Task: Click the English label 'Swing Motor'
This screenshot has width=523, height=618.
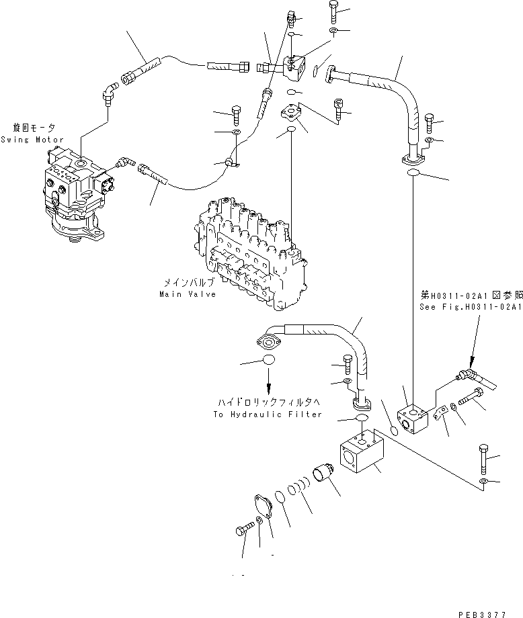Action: (x=32, y=140)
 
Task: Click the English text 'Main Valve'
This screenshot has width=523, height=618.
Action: (x=188, y=294)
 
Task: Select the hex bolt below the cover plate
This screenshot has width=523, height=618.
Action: (x=247, y=531)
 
